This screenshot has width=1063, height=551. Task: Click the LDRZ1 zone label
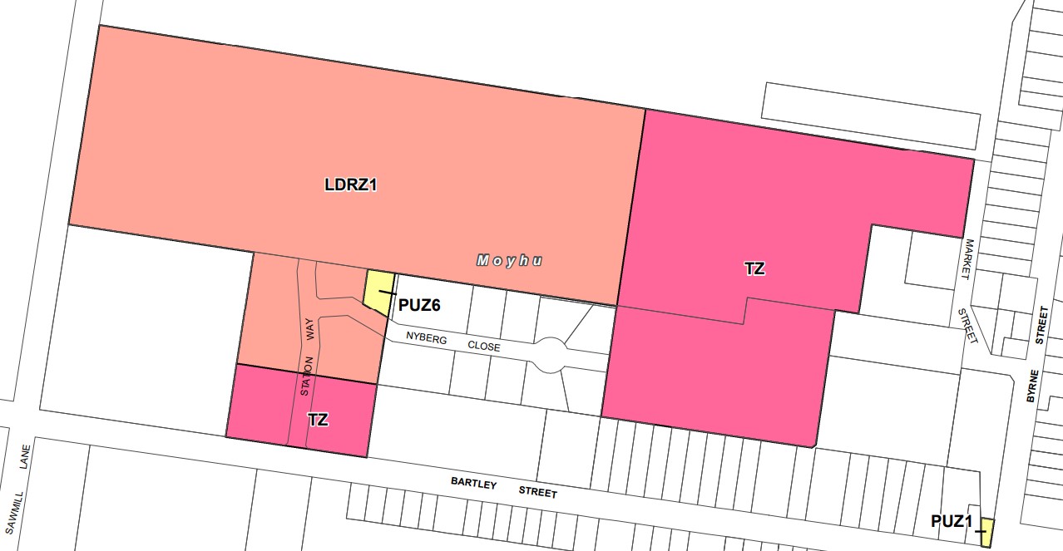pyautogui.click(x=350, y=185)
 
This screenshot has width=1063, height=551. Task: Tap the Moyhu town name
pyautogui.click(x=510, y=261)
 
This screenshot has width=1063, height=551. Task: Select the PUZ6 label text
pyautogui.click(x=419, y=305)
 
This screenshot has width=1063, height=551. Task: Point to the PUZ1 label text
pyautogui.click(x=952, y=522)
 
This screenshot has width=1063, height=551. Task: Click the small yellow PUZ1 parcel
pyautogui.click(x=986, y=531)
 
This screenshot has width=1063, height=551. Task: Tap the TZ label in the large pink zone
pyautogui.click(x=754, y=269)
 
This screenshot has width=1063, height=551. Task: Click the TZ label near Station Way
pyautogui.click(x=318, y=420)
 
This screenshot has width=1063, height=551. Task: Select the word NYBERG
pyautogui.click(x=426, y=338)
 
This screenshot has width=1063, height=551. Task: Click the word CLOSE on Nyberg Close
pyautogui.click(x=483, y=346)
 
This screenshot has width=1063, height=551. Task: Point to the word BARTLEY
pyautogui.click(x=472, y=483)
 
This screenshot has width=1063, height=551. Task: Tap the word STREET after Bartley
pyautogui.click(x=537, y=492)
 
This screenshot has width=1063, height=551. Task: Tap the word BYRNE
pyautogui.click(x=1031, y=386)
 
